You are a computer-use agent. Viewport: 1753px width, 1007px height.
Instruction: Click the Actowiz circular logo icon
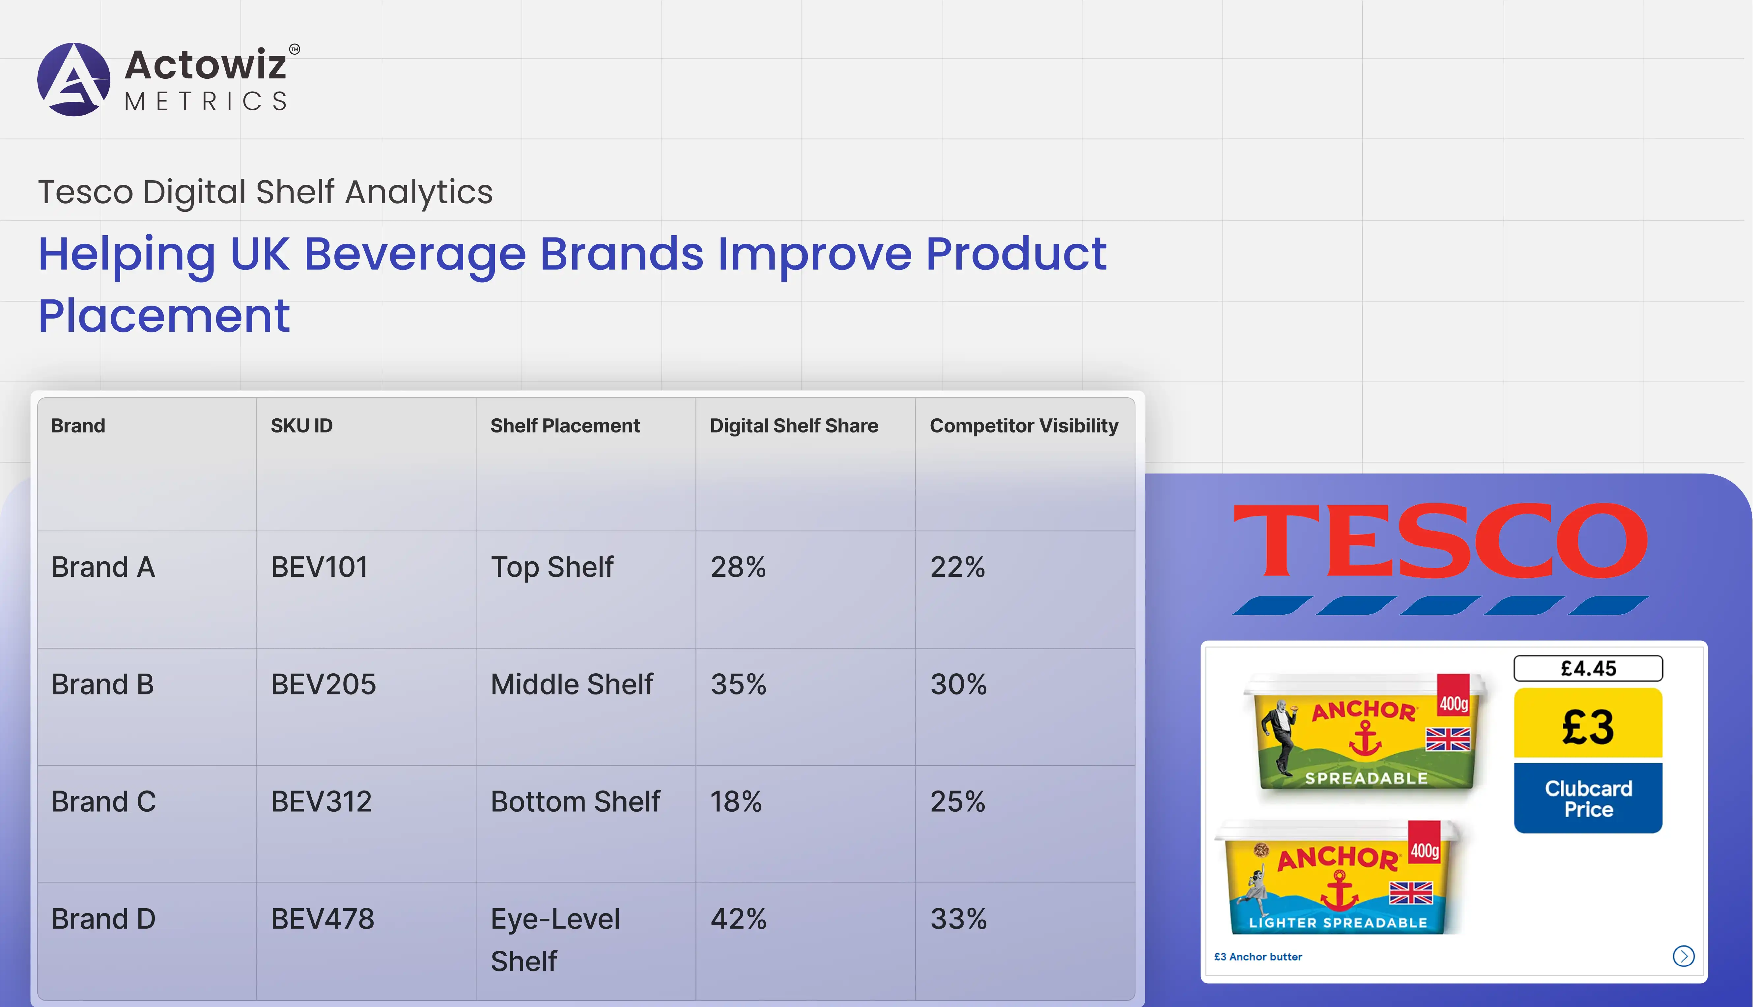73,79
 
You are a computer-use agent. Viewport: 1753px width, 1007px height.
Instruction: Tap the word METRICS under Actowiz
206,102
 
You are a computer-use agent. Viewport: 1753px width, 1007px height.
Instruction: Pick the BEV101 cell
320,567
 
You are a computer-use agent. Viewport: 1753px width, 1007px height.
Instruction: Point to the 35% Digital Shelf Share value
739,685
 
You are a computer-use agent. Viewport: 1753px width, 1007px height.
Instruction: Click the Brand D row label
104,919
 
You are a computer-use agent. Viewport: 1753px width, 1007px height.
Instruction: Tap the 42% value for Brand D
739,919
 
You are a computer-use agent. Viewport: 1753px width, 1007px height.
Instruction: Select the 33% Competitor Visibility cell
958,919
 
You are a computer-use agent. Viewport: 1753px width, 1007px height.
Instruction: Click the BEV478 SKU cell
322,919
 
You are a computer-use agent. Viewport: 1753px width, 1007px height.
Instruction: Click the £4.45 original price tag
1588,668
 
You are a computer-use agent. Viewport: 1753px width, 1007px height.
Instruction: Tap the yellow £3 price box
1588,723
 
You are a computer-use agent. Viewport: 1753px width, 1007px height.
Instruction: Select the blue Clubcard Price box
1588,798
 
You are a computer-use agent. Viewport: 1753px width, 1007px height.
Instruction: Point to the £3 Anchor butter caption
1258,957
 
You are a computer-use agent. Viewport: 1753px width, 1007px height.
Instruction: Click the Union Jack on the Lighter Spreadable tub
1411,893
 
